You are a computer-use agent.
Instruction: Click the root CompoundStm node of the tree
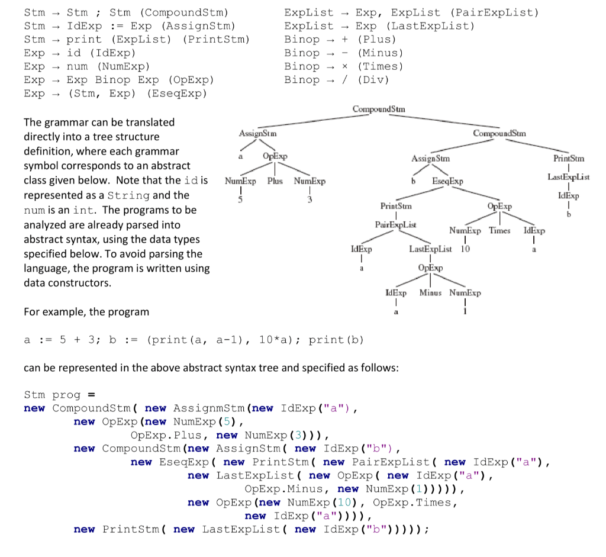[x=379, y=109]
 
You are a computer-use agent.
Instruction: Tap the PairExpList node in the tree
[x=395, y=225]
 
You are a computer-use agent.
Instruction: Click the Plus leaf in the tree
[x=274, y=181]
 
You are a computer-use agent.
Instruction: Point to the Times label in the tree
[x=499, y=231]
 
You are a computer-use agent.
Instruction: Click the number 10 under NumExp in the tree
[x=465, y=249]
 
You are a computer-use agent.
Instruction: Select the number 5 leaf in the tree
[x=240, y=199]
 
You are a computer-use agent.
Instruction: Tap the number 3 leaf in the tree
[x=310, y=199]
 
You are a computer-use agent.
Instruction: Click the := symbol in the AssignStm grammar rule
[x=117, y=26]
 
